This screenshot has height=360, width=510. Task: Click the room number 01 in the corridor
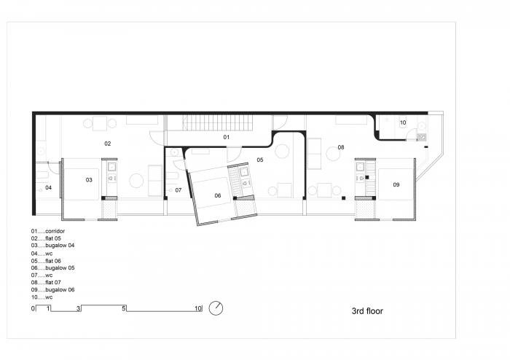[x=226, y=137]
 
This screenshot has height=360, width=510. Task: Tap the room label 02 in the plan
[x=107, y=144]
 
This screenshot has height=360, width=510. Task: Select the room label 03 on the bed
[x=90, y=179]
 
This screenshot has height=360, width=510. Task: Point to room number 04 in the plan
[x=48, y=187]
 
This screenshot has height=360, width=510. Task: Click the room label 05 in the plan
[x=259, y=159]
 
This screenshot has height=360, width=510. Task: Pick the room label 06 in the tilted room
[x=217, y=195]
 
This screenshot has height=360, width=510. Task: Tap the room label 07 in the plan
[x=178, y=189]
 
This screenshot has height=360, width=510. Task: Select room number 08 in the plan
[x=340, y=148]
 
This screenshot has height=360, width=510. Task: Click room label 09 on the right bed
[x=396, y=185]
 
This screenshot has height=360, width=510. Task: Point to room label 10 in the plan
[x=402, y=122]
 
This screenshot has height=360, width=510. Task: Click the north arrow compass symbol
[x=216, y=308]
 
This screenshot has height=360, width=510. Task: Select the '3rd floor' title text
[x=367, y=310]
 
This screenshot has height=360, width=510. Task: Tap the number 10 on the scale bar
[x=197, y=309]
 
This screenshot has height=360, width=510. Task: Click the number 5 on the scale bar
[x=125, y=309]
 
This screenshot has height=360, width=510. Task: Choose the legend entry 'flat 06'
[x=50, y=261]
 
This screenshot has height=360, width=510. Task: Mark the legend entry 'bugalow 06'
[x=54, y=290]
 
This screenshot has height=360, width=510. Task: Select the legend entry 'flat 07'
[x=50, y=283]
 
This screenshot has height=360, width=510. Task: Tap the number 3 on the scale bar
[x=79, y=309]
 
